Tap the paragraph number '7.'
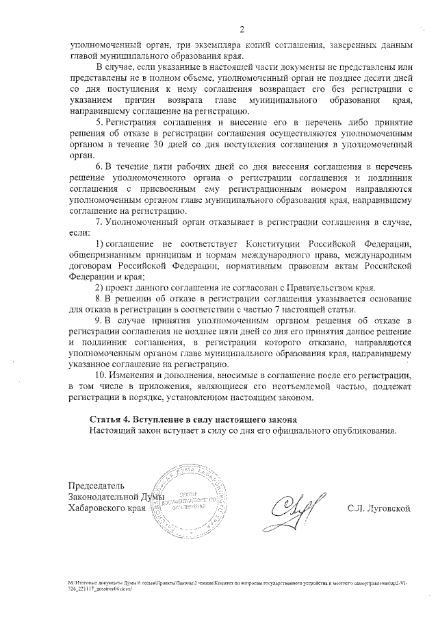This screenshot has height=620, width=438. point(99,221)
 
